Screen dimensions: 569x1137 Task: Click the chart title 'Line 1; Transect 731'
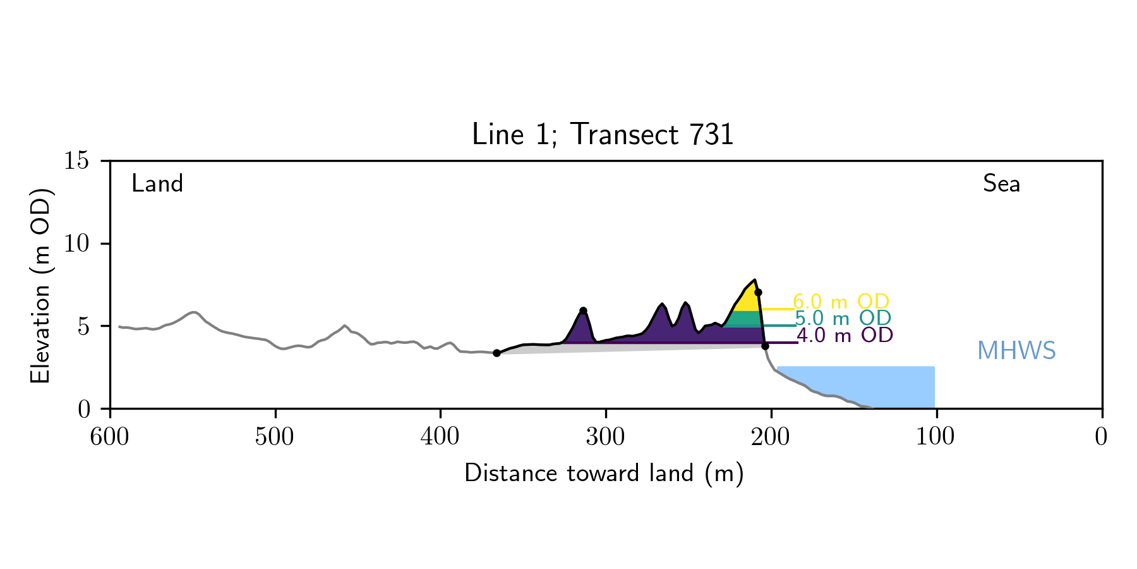(603, 135)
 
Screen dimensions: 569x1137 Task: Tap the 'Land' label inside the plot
(157, 184)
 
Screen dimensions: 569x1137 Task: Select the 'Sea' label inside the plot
(1001, 184)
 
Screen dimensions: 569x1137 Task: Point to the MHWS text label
(1016, 351)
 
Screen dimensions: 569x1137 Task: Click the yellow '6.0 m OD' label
(841, 302)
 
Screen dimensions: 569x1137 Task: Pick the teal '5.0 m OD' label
(843, 318)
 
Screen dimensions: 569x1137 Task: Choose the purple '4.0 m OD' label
(845, 335)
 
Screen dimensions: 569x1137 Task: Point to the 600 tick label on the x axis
(110, 437)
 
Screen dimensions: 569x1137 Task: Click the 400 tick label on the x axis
(440, 437)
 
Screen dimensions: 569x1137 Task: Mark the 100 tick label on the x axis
(935, 437)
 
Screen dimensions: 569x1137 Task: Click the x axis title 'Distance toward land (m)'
(604, 474)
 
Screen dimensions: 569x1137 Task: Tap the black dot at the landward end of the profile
(496, 353)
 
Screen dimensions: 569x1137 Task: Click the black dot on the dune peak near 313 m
(583, 311)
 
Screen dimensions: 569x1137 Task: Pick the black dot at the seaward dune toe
(765, 346)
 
